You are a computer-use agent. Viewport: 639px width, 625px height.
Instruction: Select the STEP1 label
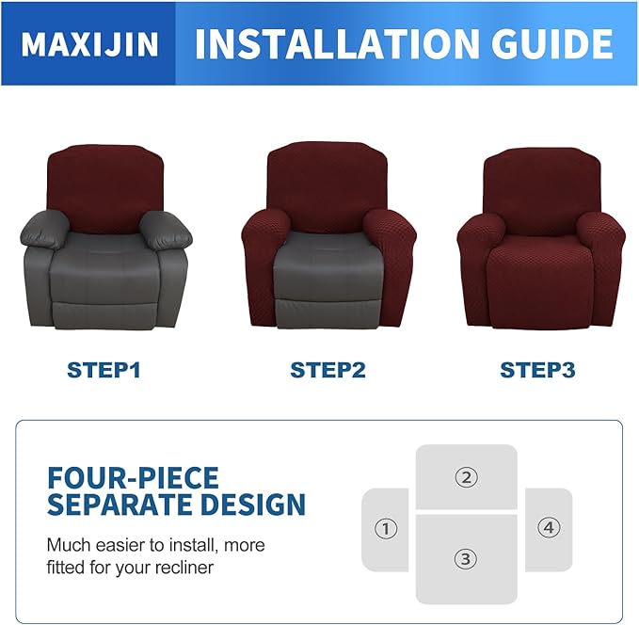click(x=104, y=370)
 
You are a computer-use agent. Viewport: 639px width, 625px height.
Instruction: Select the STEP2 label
click(x=327, y=370)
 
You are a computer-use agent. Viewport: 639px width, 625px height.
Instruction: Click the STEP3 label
click(x=536, y=370)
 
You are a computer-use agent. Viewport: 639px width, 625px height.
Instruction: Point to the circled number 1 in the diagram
click(x=385, y=529)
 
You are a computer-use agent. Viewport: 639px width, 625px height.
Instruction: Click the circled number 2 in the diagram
click(x=466, y=477)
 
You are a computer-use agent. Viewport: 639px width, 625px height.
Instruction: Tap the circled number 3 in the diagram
click(x=466, y=559)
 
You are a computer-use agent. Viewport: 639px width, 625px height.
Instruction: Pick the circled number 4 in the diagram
click(x=549, y=528)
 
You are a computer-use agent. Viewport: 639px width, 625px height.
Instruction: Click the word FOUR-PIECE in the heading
click(x=133, y=476)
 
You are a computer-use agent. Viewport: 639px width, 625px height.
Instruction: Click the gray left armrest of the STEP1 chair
click(x=47, y=229)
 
